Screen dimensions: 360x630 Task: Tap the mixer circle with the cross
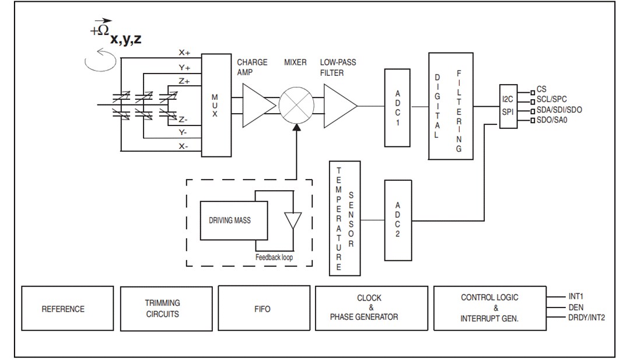(296, 106)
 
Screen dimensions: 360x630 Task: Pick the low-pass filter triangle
(339, 105)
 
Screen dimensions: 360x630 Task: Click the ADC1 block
(398, 107)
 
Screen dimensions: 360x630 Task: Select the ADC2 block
(398, 221)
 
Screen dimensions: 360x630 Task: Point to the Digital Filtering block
(450, 106)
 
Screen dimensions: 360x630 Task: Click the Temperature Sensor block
(345, 219)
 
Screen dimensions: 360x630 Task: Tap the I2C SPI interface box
(508, 105)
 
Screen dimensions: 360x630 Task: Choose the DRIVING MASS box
(229, 221)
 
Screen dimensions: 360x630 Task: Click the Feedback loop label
(274, 257)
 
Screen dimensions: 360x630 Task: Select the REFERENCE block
(63, 309)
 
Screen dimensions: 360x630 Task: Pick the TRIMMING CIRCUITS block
(163, 309)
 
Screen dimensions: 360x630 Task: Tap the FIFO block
(262, 309)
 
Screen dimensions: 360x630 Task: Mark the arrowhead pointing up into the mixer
(296, 128)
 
